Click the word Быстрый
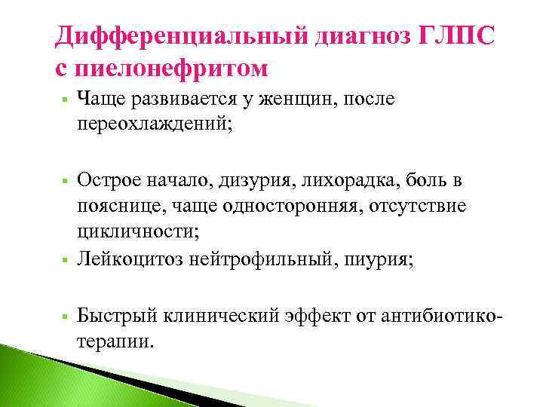(110, 315)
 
